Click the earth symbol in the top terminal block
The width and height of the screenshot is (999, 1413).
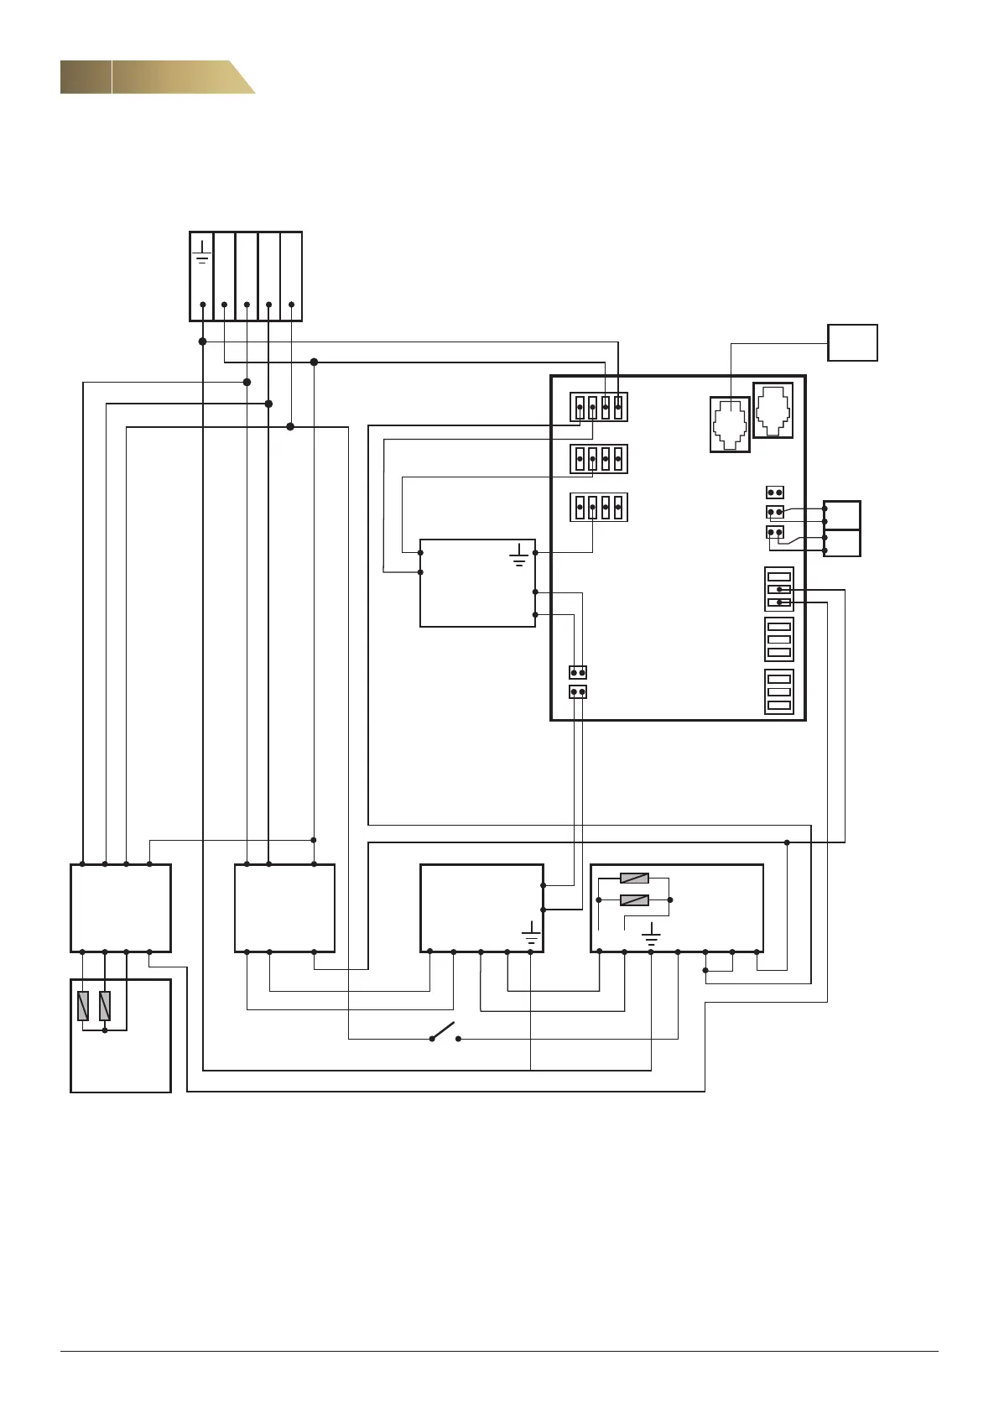(x=202, y=253)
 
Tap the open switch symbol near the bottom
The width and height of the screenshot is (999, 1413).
(x=445, y=1031)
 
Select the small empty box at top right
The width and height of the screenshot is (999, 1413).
(x=852, y=342)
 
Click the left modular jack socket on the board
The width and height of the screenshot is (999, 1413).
(x=730, y=425)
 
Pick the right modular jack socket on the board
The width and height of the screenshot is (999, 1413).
(x=773, y=410)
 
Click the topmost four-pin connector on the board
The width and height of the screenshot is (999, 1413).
(x=599, y=408)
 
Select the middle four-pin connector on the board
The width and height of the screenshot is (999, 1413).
(x=599, y=459)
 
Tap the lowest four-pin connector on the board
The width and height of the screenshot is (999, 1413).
(x=599, y=507)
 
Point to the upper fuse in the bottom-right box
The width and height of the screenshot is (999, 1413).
(x=634, y=879)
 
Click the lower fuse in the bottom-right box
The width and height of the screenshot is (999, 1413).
(x=634, y=900)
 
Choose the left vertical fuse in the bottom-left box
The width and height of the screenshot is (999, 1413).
(x=83, y=1005)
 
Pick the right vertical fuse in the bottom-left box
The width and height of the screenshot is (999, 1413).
(x=105, y=1005)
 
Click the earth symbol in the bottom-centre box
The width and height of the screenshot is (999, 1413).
(x=530, y=933)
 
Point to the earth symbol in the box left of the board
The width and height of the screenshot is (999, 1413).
(x=519, y=555)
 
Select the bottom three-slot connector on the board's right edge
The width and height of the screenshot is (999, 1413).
(x=779, y=691)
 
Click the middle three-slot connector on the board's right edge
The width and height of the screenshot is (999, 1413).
(x=779, y=639)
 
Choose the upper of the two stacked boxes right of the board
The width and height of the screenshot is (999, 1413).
(x=842, y=515)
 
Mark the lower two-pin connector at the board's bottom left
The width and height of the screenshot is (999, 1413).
(x=577, y=692)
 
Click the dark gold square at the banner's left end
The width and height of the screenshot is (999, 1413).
(x=86, y=77)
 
